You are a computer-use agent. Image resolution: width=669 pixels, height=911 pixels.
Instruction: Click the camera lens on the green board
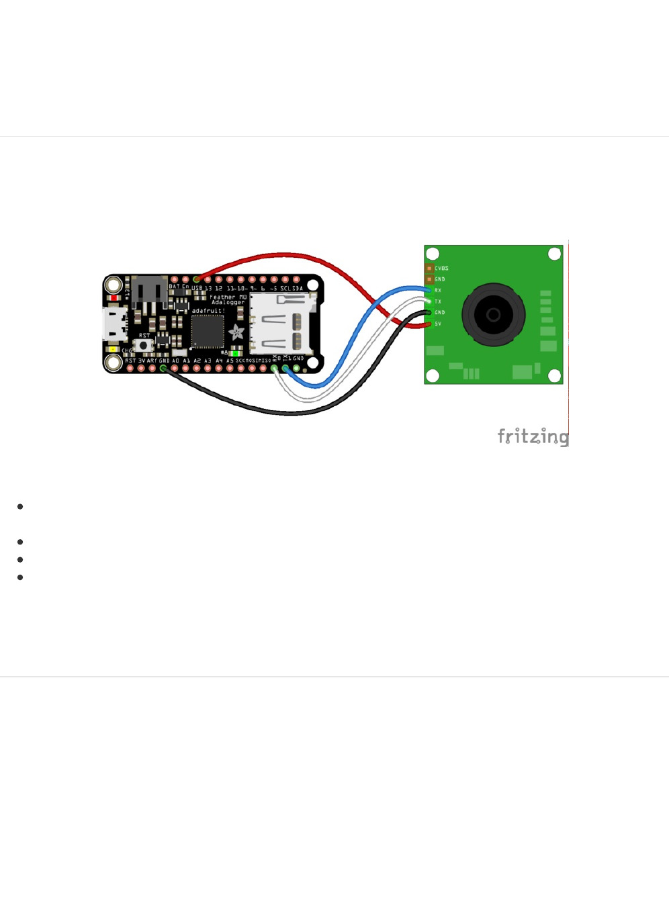pos(493,314)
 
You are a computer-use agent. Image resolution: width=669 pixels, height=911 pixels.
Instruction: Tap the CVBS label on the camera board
pos(441,269)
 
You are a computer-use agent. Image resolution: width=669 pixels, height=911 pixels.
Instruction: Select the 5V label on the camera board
pos(438,324)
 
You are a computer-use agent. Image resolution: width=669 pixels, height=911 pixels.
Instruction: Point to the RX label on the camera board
pos(438,291)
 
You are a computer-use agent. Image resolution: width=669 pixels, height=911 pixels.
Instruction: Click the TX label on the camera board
pos(438,302)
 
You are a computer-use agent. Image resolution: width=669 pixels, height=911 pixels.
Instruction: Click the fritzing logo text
pos(533,436)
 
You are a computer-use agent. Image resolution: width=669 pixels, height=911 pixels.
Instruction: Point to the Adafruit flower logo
pos(236,332)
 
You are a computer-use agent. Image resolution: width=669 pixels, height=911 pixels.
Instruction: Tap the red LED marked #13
pos(115,298)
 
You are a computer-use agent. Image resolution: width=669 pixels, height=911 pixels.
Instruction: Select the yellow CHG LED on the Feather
pos(113,350)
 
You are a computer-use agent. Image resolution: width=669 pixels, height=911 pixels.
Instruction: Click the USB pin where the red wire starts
pos(197,279)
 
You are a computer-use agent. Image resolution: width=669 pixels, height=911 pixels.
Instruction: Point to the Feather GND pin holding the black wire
pos(163,369)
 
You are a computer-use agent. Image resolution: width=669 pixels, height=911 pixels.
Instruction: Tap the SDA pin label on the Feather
pos(296,288)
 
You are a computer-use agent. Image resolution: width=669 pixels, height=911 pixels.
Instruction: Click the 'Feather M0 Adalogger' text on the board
pos(228,299)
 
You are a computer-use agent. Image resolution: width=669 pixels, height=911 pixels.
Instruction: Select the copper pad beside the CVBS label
pos(429,269)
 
